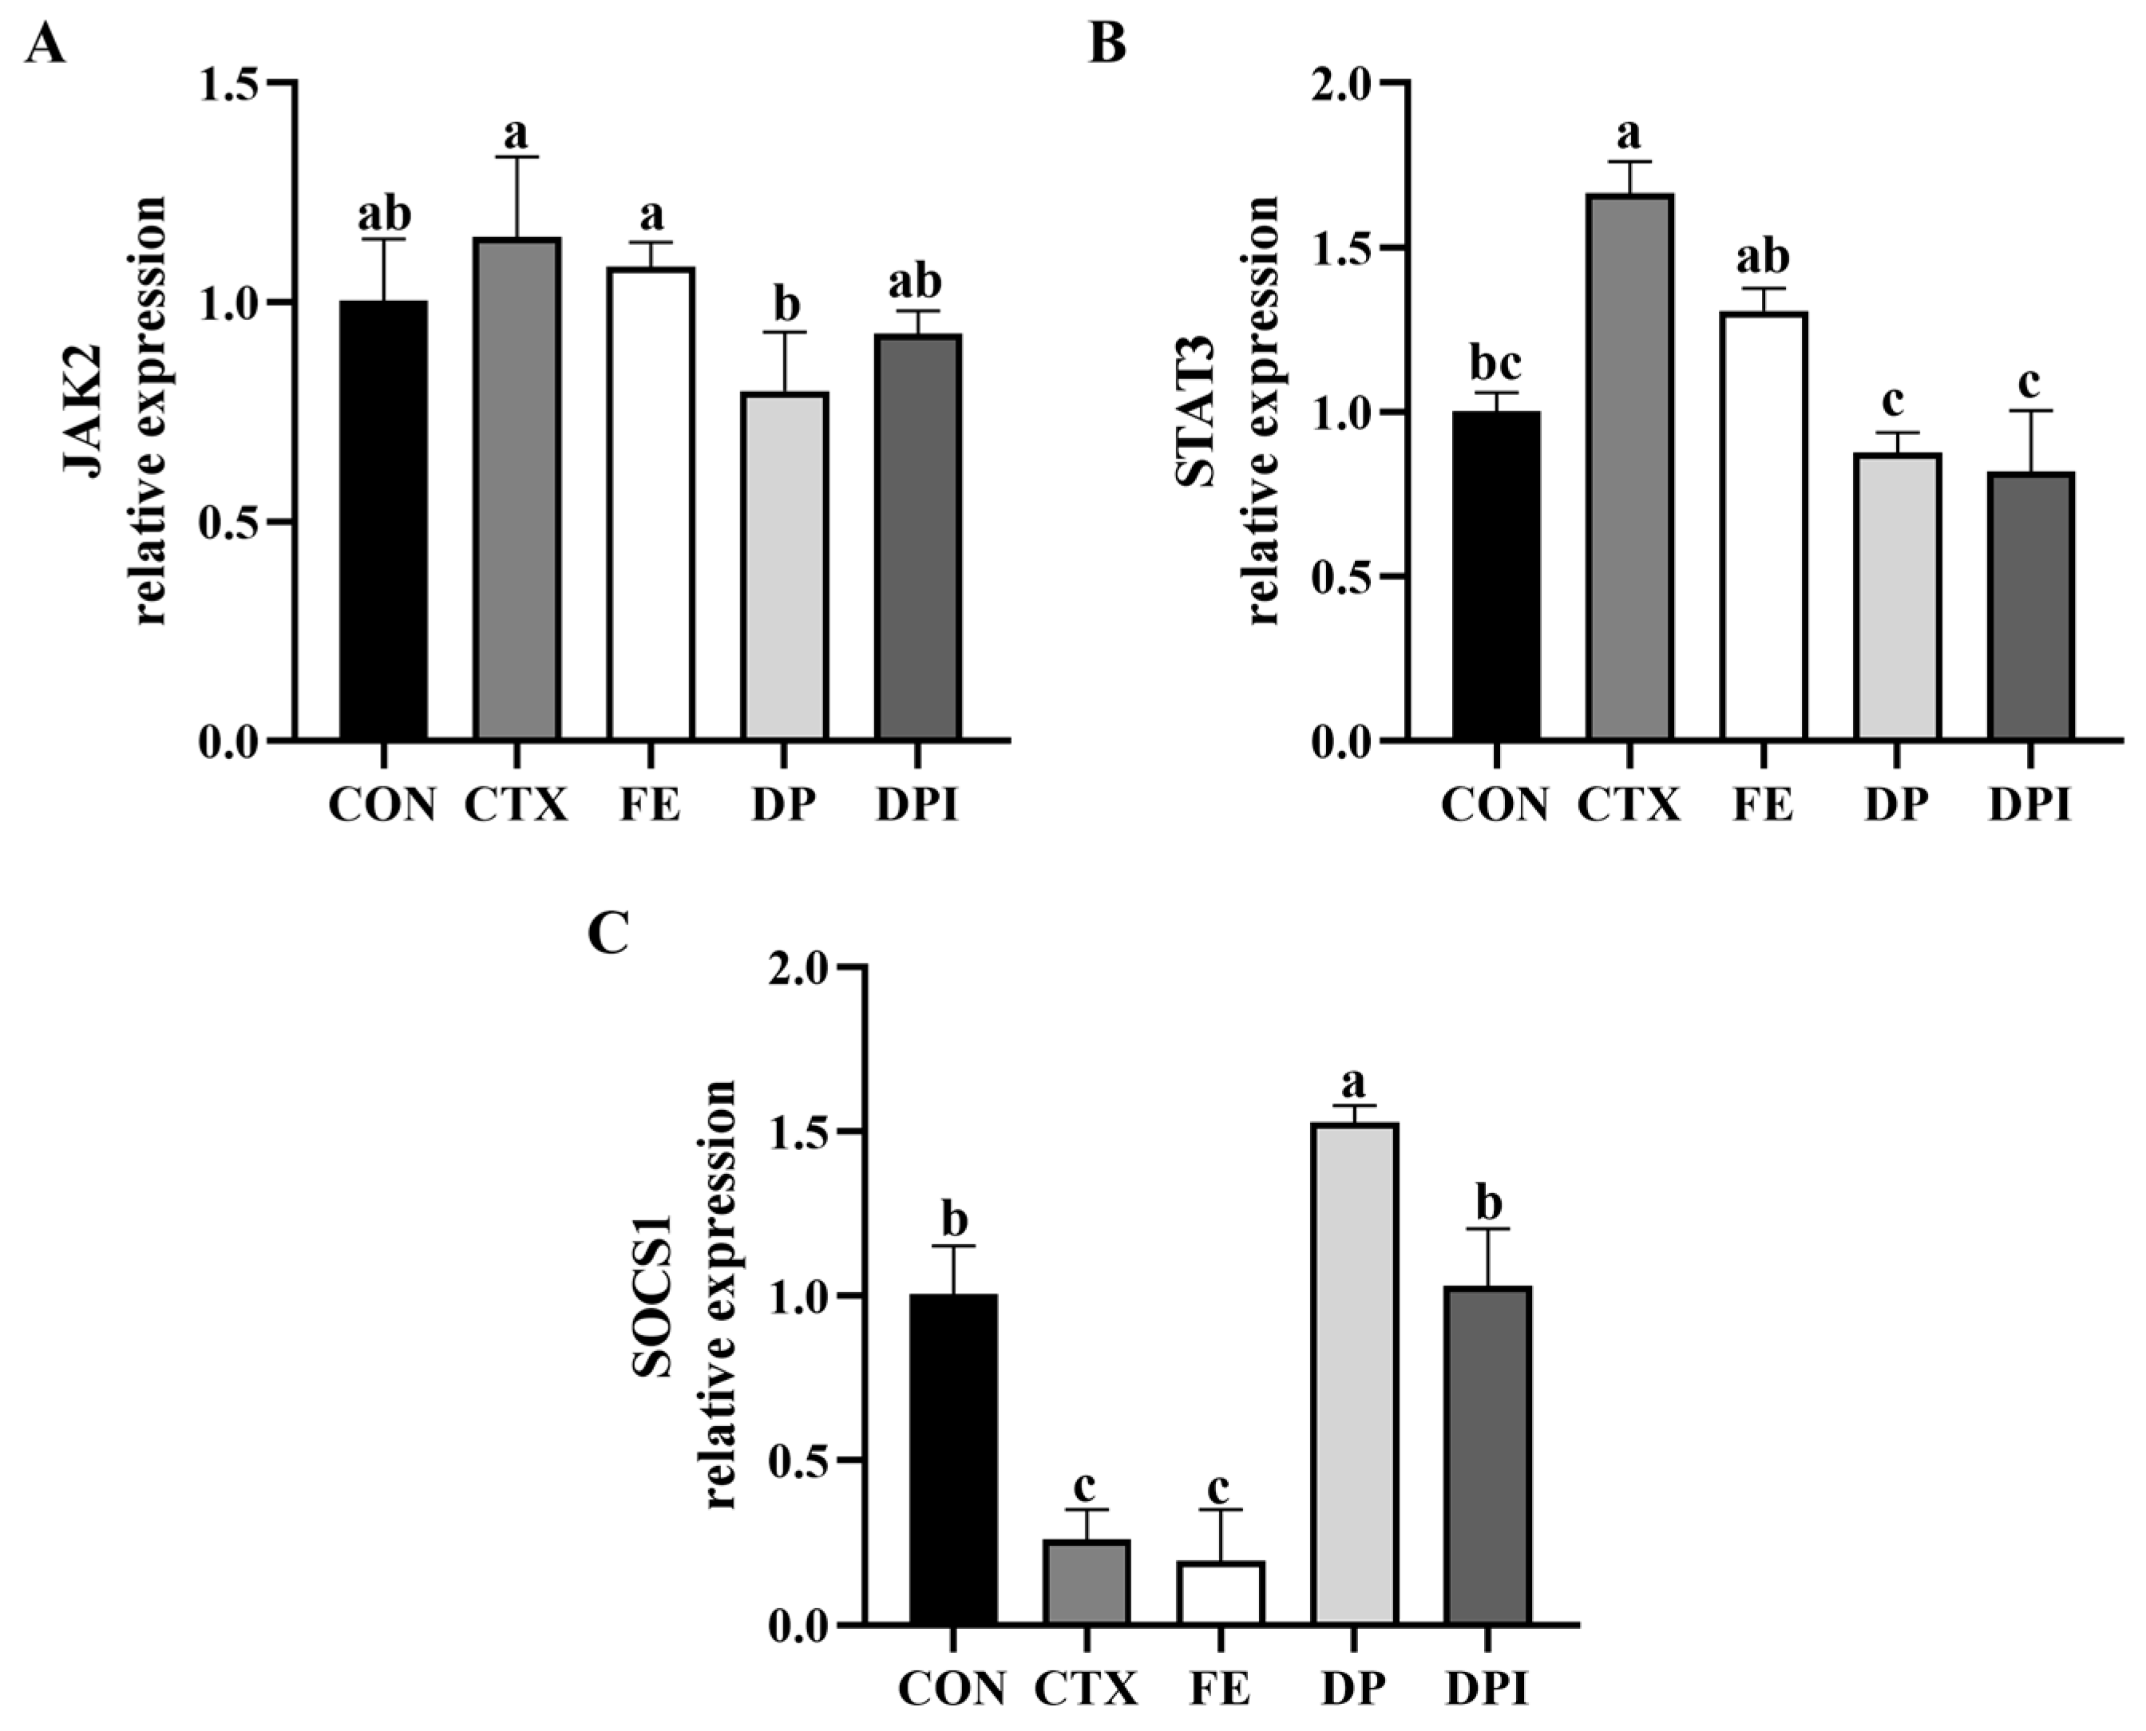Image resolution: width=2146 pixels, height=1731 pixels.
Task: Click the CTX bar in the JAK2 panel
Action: coord(517,488)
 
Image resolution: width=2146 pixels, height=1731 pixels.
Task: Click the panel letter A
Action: coord(44,45)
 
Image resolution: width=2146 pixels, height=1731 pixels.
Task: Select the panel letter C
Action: coord(608,932)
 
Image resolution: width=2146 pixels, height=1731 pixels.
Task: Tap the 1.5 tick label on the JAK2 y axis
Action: coord(228,84)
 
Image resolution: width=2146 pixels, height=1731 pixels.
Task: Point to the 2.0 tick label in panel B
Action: coord(1340,84)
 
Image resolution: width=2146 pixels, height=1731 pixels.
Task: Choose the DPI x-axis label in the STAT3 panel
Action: coord(2029,804)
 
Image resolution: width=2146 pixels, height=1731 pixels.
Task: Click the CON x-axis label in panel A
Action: coord(383,804)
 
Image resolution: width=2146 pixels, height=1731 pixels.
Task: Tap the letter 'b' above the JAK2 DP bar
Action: coord(786,304)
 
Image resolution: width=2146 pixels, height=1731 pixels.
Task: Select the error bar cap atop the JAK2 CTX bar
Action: coord(517,156)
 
